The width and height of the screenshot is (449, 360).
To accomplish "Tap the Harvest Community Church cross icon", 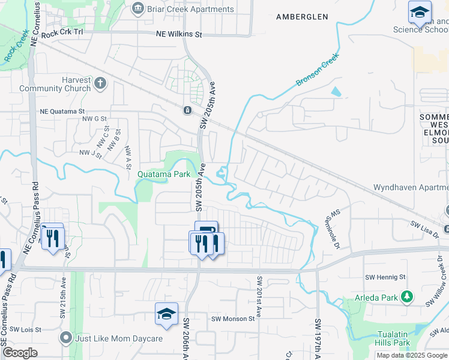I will (x=100, y=83).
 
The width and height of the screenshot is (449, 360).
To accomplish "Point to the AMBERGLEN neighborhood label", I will (x=302, y=17).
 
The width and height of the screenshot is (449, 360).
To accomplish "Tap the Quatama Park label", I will (x=164, y=174).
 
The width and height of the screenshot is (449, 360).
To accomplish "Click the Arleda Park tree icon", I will (x=408, y=296).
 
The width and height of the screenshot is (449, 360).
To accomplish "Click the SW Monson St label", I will (x=233, y=319).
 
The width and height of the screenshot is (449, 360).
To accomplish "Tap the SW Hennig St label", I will (x=385, y=277).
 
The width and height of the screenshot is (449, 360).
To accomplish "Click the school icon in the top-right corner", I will (x=420, y=11).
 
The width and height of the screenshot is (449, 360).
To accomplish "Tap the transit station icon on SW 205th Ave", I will (x=187, y=110).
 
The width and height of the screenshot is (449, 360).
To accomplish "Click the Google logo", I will (x=20, y=353).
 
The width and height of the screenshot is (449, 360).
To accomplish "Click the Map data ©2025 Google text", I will (x=412, y=355).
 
